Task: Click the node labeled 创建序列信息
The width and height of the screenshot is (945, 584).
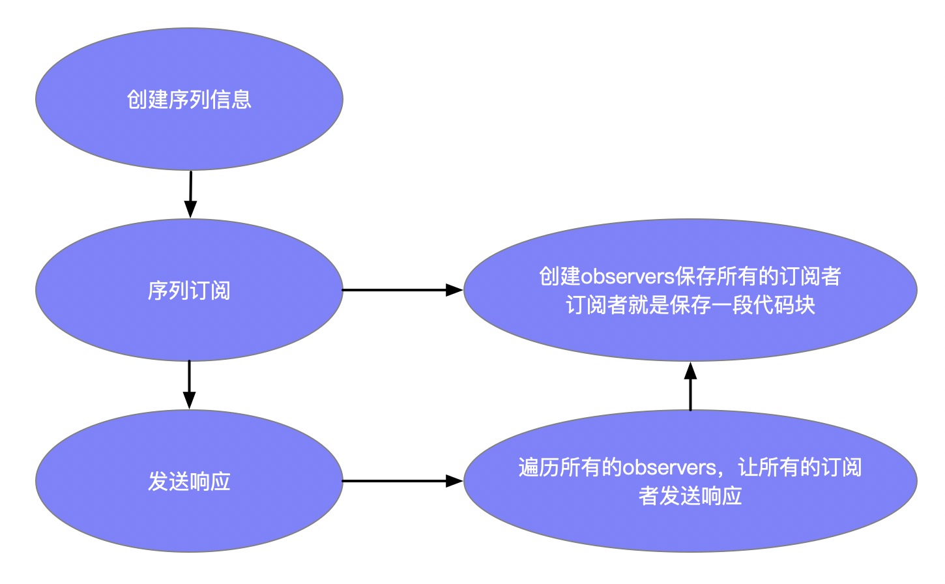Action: coord(189,99)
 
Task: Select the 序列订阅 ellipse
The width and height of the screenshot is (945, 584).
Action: coord(189,290)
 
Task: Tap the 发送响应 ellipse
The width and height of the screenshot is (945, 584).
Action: coord(189,481)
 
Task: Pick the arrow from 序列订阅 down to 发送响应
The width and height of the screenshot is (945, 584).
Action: coord(189,384)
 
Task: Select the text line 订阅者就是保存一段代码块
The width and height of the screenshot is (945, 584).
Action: coord(690,305)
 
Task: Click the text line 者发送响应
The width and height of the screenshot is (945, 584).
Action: coord(690,496)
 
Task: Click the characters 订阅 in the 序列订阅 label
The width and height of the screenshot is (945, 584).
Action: coord(210,290)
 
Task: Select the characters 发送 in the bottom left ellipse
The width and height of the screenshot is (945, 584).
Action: coord(168,481)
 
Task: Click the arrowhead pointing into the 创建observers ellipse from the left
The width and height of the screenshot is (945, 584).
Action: coord(454,290)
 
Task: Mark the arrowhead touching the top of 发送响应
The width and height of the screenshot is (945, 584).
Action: coord(189,401)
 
